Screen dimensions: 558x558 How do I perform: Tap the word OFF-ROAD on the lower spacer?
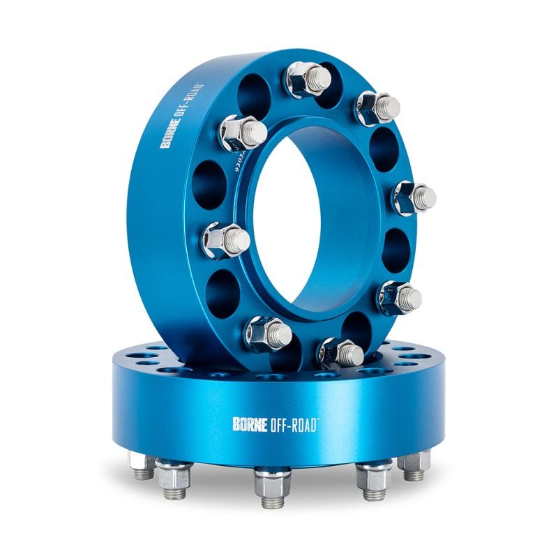click(292, 423)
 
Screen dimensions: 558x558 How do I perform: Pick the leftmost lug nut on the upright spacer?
click(225, 239)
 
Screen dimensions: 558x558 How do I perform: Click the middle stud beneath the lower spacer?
click(272, 482)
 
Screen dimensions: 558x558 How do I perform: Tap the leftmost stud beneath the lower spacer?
click(143, 467)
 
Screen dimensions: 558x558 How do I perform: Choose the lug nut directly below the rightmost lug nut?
click(398, 296)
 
